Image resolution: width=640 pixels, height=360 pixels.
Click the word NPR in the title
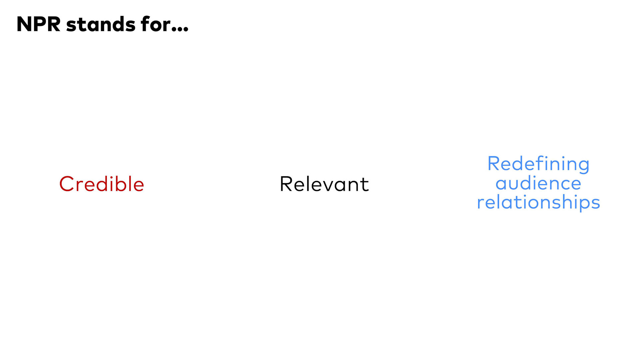click(x=39, y=24)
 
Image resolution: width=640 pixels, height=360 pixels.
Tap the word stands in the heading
click(x=101, y=24)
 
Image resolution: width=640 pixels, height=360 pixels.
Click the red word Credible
click(x=102, y=184)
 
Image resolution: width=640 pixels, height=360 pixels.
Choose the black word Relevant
click(x=324, y=184)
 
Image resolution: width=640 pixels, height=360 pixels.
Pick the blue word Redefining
click(x=538, y=164)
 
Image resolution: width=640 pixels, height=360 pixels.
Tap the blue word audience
click(x=538, y=183)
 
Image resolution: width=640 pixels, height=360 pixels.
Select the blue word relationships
click(x=538, y=202)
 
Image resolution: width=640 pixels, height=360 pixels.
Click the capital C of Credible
click(x=66, y=184)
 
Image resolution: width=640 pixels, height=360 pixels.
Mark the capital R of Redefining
click(x=494, y=164)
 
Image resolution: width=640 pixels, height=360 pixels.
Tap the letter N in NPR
click(x=24, y=24)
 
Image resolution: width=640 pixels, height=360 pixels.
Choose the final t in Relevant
click(x=365, y=185)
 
